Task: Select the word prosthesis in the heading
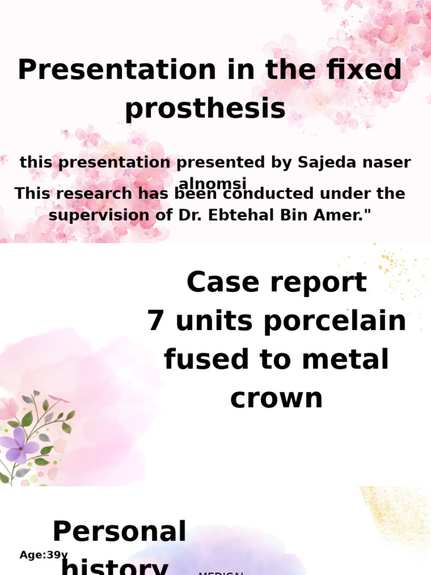(x=205, y=108)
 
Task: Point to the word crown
(x=277, y=398)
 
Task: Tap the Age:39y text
(x=43, y=555)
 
